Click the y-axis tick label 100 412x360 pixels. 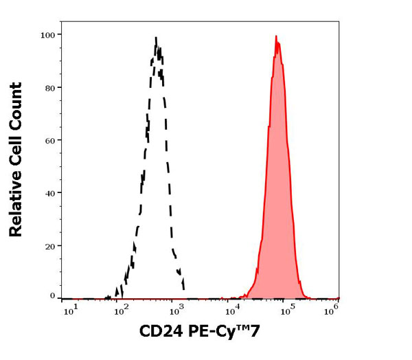[48, 34]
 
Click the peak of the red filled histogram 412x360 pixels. [276, 36]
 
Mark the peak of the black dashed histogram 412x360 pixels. [156, 38]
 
